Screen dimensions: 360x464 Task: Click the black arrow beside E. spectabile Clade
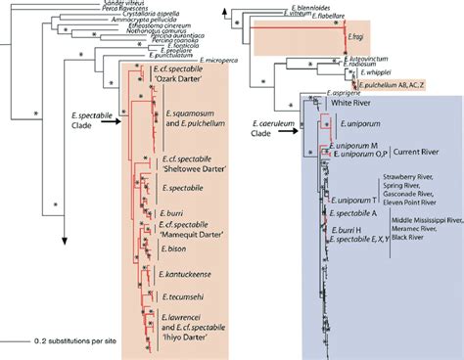tap(110, 117)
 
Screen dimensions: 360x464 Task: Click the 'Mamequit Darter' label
tap(186, 234)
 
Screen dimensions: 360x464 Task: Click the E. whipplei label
tap(377, 71)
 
